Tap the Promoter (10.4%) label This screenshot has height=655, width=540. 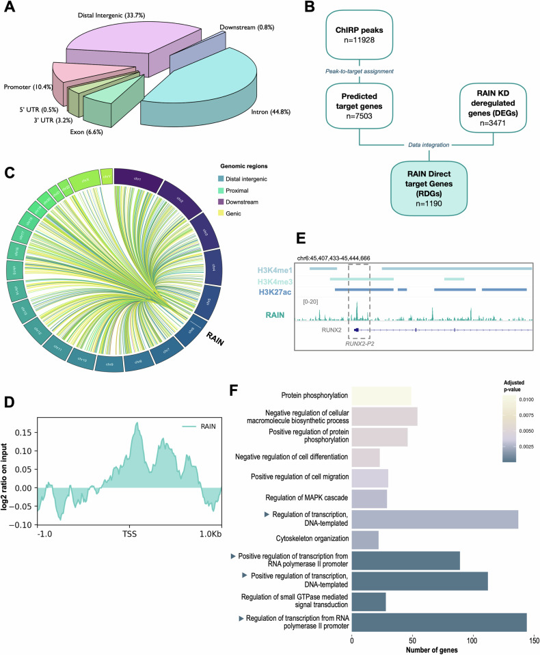(30, 87)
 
